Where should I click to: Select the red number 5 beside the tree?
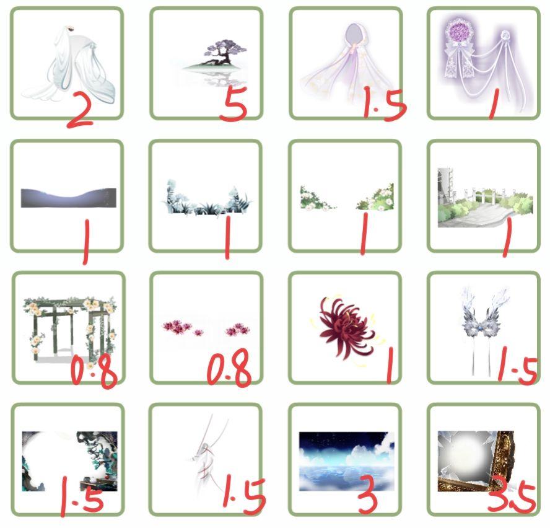234,104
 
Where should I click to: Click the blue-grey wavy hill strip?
69,198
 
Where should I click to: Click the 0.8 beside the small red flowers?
229,368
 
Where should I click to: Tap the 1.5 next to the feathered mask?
518,365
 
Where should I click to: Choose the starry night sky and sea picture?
347,461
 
